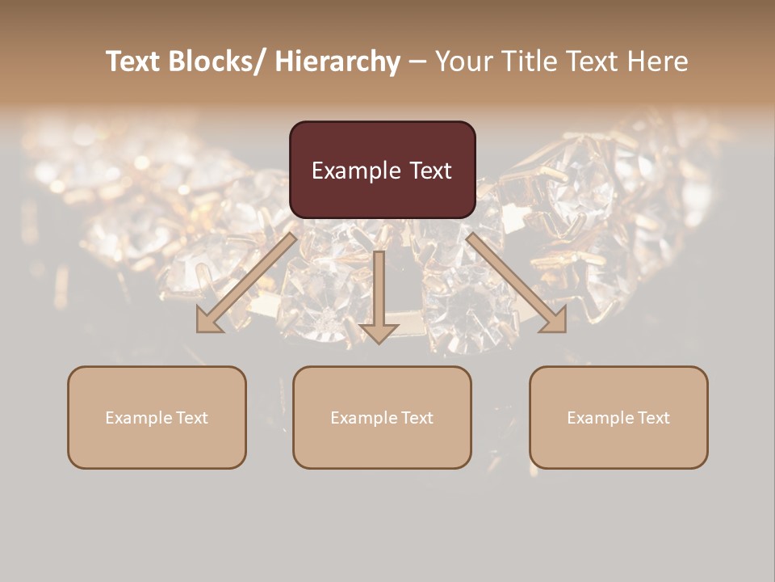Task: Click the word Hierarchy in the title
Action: [337, 61]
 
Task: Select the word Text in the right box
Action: [652, 418]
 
